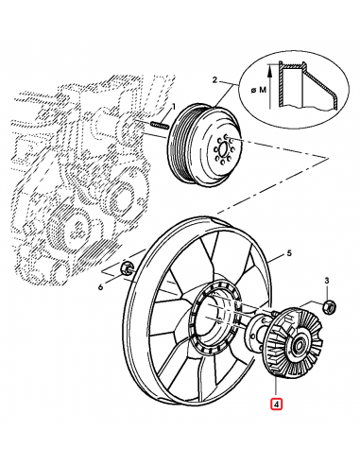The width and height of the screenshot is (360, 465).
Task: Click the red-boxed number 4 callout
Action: click(276, 405)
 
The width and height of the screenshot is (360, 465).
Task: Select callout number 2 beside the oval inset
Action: click(214, 80)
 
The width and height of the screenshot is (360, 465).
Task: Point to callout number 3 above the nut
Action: click(327, 280)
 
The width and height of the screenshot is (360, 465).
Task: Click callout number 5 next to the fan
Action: click(289, 252)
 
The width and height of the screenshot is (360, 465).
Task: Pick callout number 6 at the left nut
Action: click(101, 287)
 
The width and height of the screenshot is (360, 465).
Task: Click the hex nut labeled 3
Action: click(330, 307)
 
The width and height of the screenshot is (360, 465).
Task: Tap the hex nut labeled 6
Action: click(128, 267)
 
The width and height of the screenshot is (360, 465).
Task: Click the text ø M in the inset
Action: click(258, 91)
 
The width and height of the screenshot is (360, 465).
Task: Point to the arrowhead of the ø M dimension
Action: click(269, 69)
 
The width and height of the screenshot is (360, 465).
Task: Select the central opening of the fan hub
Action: click(214, 319)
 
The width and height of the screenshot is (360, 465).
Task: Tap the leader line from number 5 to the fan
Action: click(277, 258)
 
